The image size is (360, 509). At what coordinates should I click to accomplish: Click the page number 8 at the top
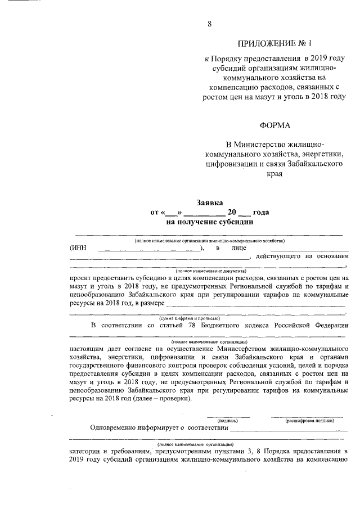(210, 24)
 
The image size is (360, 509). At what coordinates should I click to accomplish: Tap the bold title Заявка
(210, 202)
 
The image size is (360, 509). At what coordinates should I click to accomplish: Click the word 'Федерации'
(330, 325)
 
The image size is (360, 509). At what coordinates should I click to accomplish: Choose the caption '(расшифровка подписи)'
(309, 420)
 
